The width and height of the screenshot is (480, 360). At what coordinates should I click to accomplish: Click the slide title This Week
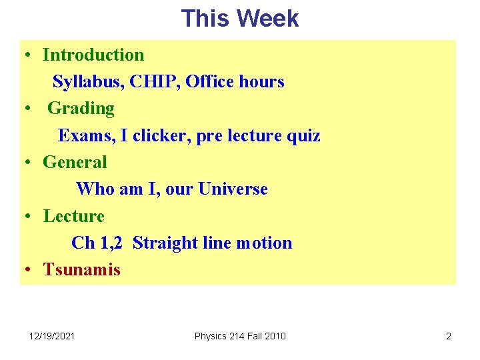(240, 18)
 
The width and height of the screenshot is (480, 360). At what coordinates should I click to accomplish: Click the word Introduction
(93, 55)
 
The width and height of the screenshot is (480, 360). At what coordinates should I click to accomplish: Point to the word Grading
(81, 108)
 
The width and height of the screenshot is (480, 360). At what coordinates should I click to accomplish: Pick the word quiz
(303, 136)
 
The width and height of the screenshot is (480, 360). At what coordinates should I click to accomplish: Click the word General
(75, 162)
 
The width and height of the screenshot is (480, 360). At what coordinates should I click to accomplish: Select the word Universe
(232, 189)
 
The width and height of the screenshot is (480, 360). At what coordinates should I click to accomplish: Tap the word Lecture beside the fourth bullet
(74, 216)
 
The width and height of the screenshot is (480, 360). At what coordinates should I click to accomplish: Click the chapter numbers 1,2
(111, 243)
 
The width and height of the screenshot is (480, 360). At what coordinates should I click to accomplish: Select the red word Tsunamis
(82, 270)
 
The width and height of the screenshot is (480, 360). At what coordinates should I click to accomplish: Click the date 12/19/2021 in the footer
(53, 336)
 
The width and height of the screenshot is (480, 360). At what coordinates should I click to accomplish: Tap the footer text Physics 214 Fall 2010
(240, 336)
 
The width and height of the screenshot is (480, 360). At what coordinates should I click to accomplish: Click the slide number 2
(449, 336)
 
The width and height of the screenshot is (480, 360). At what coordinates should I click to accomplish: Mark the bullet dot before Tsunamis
(29, 270)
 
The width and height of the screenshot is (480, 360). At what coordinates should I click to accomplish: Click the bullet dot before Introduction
(29, 55)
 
